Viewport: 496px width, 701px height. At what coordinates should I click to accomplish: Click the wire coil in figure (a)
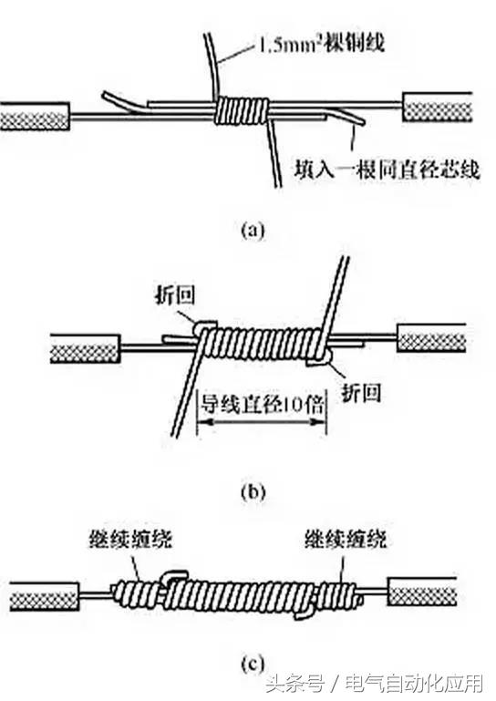point(242,112)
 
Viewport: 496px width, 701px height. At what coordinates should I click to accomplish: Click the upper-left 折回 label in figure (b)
point(174,297)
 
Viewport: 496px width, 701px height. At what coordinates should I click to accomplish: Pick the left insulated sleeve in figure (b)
point(85,347)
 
